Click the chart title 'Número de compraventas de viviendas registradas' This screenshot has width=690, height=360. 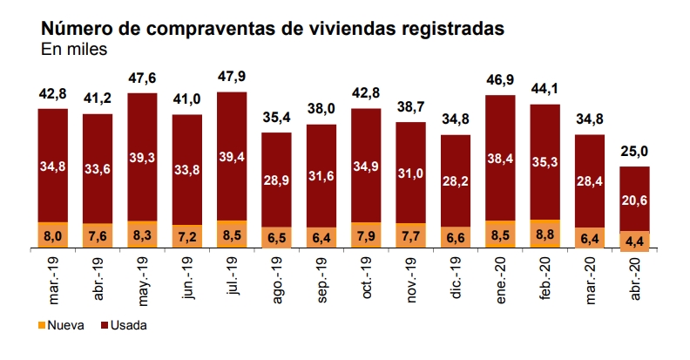click(x=273, y=29)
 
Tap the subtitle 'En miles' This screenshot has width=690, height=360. click(x=74, y=50)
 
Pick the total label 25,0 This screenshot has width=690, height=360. click(x=634, y=151)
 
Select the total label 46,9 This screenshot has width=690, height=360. click(x=500, y=79)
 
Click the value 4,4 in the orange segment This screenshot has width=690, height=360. click(x=634, y=240)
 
